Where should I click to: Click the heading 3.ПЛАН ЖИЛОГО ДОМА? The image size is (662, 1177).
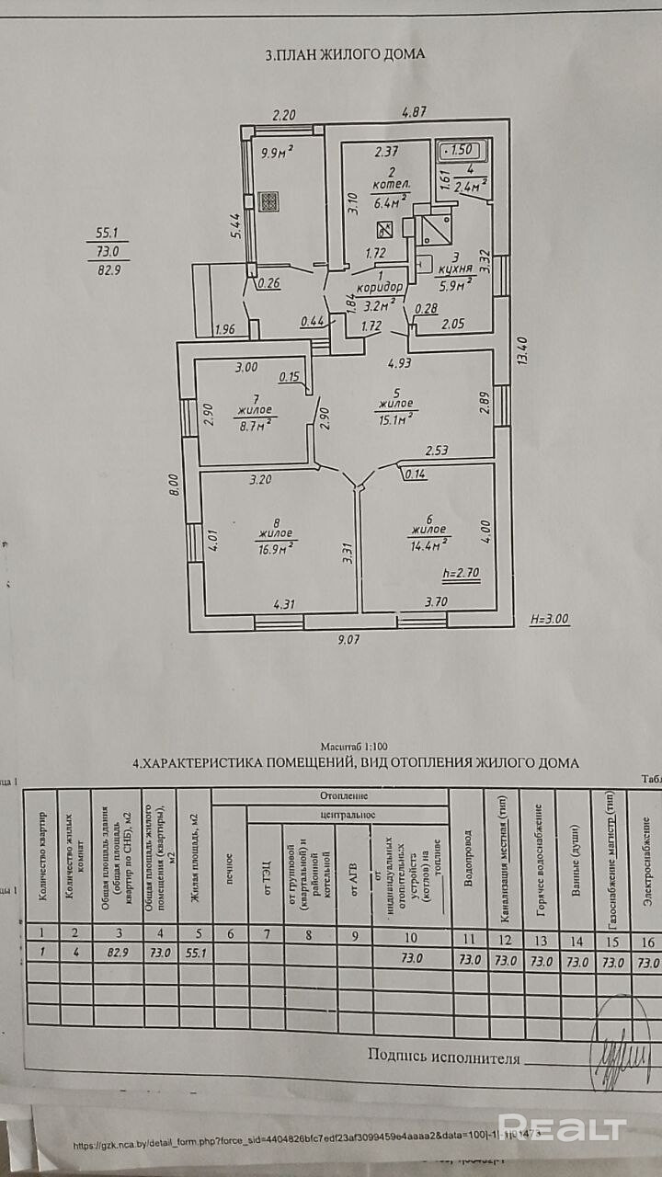[x=345, y=54]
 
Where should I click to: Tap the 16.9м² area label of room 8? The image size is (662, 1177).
[x=276, y=548]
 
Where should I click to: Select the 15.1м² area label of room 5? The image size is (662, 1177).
[x=396, y=418]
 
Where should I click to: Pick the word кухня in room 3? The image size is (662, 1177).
[x=455, y=270]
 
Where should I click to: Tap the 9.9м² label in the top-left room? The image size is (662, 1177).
[x=276, y=153]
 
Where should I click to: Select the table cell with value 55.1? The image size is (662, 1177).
[x=194, y=954]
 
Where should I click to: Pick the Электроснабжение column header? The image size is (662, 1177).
[x=647, y=855]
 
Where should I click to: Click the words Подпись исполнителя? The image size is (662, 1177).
[x=444, y=1057]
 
